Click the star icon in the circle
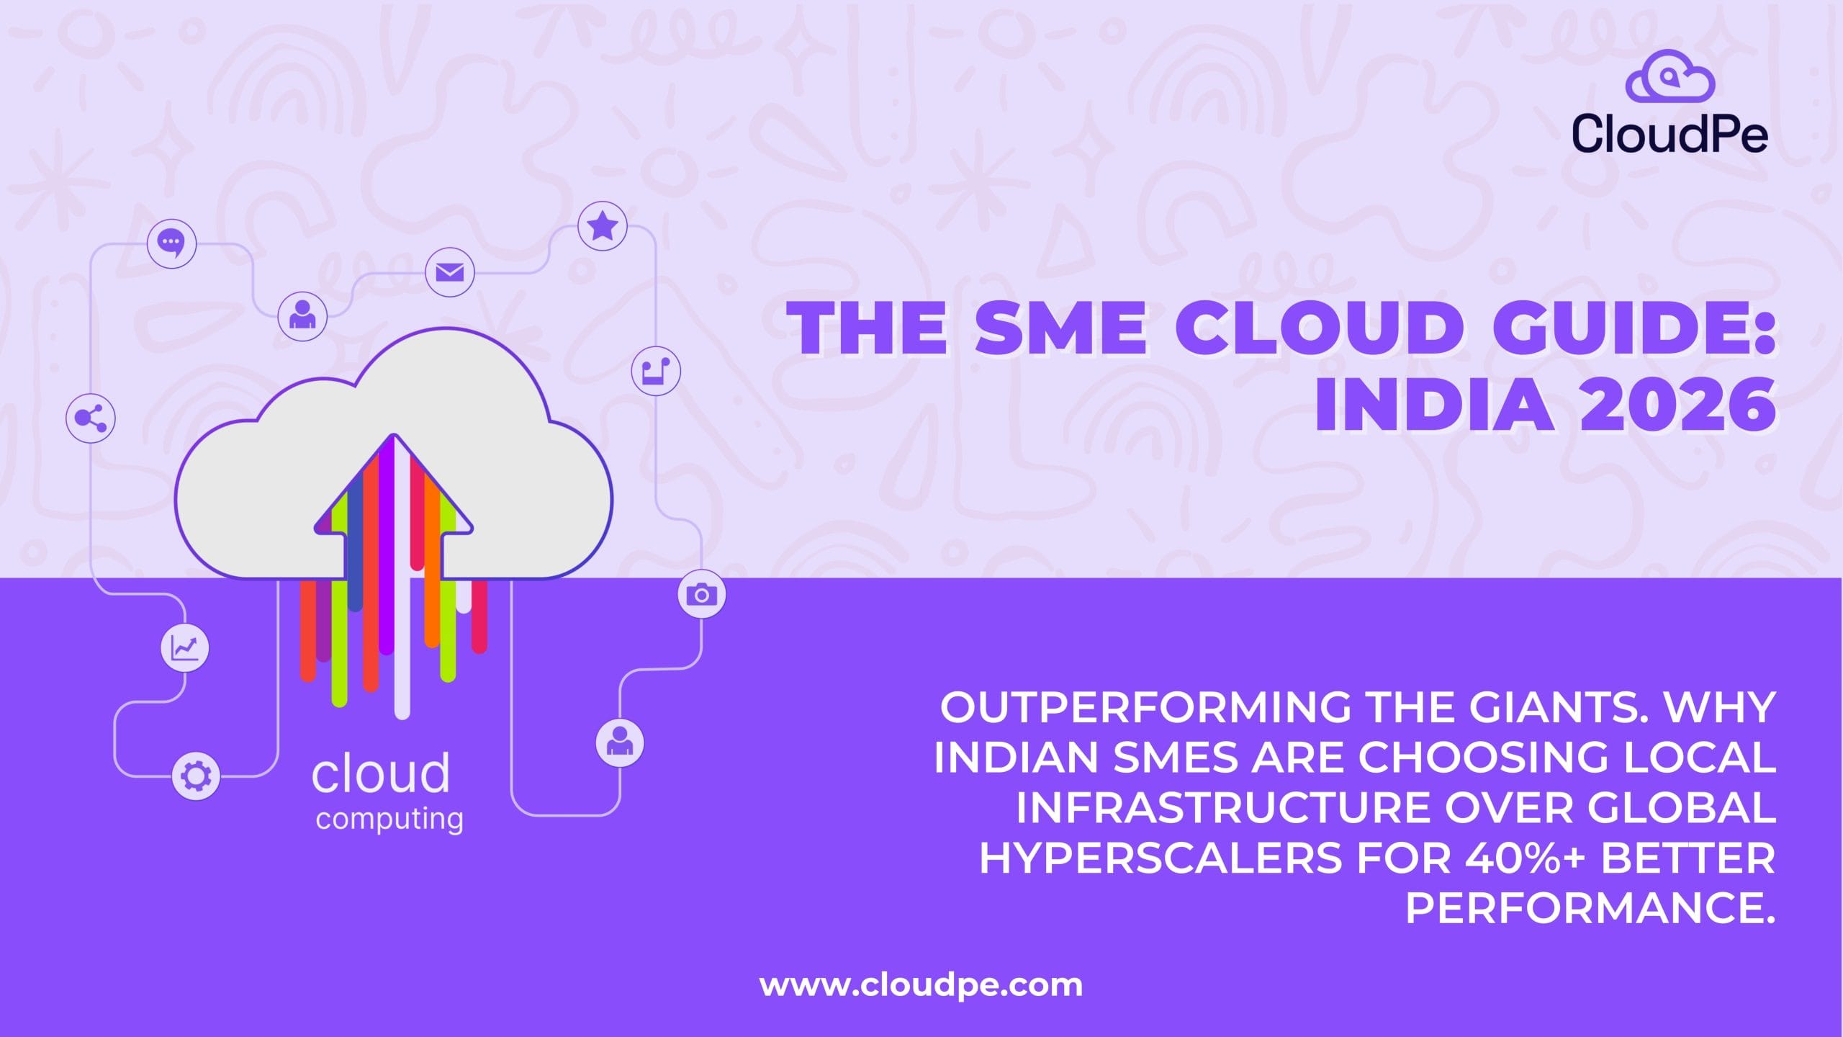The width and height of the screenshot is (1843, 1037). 603,226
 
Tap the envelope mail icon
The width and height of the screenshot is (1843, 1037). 450,273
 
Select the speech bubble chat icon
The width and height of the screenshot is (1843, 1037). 171,243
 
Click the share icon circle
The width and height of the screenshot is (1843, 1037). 91,418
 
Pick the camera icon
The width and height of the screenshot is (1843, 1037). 702,595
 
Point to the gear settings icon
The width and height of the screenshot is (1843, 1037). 197,776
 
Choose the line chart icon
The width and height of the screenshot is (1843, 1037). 185,648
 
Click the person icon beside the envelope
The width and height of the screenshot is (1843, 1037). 302,316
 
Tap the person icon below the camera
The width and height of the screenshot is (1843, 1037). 620,742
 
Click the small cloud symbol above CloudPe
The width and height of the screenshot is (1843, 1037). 1670,76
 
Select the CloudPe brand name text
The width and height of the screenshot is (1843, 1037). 1669,134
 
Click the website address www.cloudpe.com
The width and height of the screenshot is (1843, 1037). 921,985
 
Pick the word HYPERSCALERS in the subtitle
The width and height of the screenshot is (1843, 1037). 1161,858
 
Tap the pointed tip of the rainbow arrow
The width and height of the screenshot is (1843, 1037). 393,435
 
